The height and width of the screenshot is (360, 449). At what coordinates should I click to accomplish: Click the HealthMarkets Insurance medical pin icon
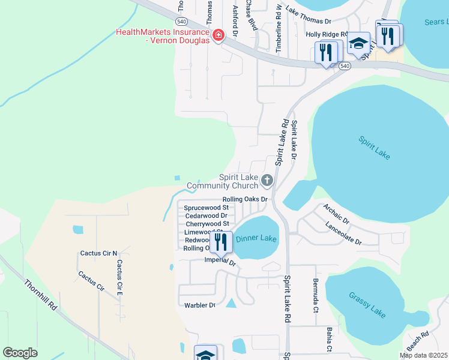point(218,34)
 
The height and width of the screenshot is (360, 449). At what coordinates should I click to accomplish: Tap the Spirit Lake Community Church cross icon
point(267,179)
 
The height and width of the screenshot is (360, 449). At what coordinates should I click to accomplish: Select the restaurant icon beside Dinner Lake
point(221,241)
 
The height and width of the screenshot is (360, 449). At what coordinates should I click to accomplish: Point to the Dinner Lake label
point(256,238)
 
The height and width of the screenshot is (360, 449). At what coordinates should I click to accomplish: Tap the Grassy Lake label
point(367,304)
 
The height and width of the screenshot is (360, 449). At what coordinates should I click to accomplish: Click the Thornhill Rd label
point(41,294)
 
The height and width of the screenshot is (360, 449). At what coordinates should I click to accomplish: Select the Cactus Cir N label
point(99,253)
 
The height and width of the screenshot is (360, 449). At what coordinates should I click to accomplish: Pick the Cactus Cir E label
point(119,277)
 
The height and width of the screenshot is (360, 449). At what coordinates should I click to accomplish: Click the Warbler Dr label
point(200,305)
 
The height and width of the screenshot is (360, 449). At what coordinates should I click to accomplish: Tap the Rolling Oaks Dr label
point(244,199)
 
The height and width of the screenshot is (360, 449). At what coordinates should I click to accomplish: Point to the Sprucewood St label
point(206,208)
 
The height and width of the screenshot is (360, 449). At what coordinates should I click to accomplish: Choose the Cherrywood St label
point(207,224)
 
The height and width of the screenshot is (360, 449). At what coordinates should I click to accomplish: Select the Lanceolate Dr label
point(343,234)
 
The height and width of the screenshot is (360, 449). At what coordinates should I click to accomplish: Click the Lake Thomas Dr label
point(309,21)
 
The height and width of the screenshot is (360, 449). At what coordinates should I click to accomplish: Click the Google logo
point(20,353)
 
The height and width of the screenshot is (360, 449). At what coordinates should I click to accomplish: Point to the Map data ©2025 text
point(423,355)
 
